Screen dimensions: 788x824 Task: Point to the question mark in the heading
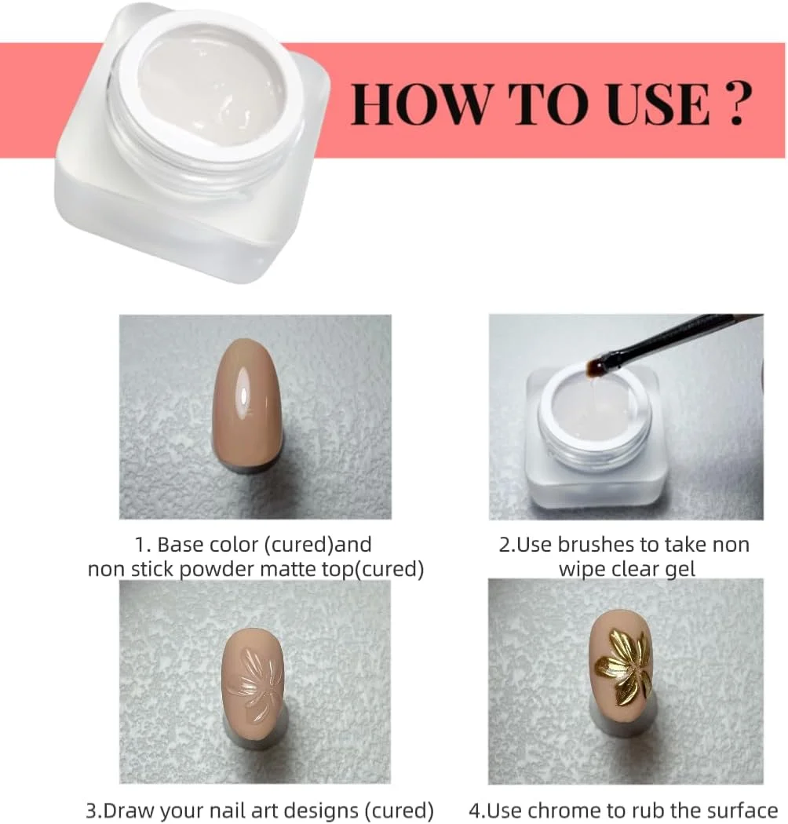click(x=737, y=104)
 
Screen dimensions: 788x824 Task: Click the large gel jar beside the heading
click(x=192, y=142)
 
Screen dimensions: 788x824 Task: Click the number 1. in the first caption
click(x=144, y=545)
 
